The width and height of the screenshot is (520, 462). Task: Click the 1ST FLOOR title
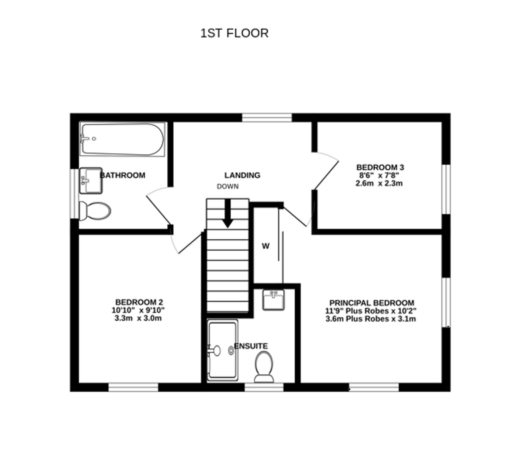point(234,33)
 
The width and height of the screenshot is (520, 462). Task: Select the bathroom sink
point(90,181)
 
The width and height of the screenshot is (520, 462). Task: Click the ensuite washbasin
point(273,300)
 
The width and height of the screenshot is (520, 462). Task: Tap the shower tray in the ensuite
point(222,350)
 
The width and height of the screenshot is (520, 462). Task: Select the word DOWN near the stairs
point(227,186)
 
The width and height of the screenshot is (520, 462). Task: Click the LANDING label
point(242,175)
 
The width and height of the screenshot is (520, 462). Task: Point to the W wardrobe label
point(265,246)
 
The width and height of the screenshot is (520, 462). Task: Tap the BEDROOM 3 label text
point(380,167)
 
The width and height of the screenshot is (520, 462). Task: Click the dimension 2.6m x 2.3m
point(379,183)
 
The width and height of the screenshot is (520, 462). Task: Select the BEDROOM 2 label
point(139,302)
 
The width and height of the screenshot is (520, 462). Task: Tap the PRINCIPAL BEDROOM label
point(372,303)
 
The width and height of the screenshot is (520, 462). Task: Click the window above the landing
point(267,118)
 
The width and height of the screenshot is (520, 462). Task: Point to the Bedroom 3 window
point(446,189)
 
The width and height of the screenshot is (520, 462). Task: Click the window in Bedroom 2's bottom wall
point(133,387)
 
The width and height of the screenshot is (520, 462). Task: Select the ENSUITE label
point(251,346)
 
